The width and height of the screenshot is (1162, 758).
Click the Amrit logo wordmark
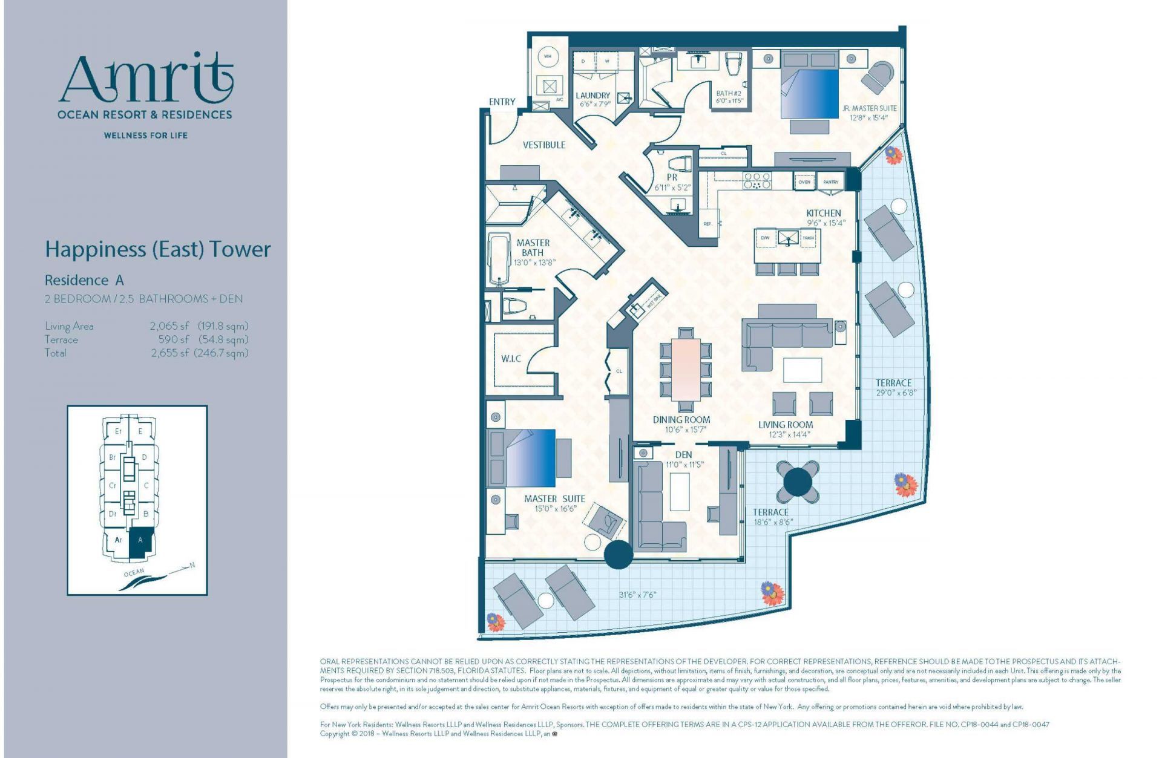145,79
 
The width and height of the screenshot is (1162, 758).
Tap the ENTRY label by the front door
502,102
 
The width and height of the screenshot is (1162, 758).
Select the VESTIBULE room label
543,145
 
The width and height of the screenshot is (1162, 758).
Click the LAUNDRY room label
592,96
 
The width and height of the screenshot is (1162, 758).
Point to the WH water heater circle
548,57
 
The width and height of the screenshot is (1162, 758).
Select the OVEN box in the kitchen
804,181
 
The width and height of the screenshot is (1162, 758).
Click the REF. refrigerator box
707,224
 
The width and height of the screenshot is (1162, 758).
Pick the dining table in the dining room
686,370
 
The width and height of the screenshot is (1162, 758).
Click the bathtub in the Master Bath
500,261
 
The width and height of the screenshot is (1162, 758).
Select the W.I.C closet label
511,359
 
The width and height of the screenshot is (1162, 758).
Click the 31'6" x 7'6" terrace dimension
637,595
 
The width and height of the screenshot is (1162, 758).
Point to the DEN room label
683,454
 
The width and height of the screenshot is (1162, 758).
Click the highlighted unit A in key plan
140,540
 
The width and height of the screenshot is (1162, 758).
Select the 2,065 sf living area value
169,326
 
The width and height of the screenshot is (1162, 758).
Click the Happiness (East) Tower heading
157,249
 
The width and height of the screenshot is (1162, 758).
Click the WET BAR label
655,299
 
